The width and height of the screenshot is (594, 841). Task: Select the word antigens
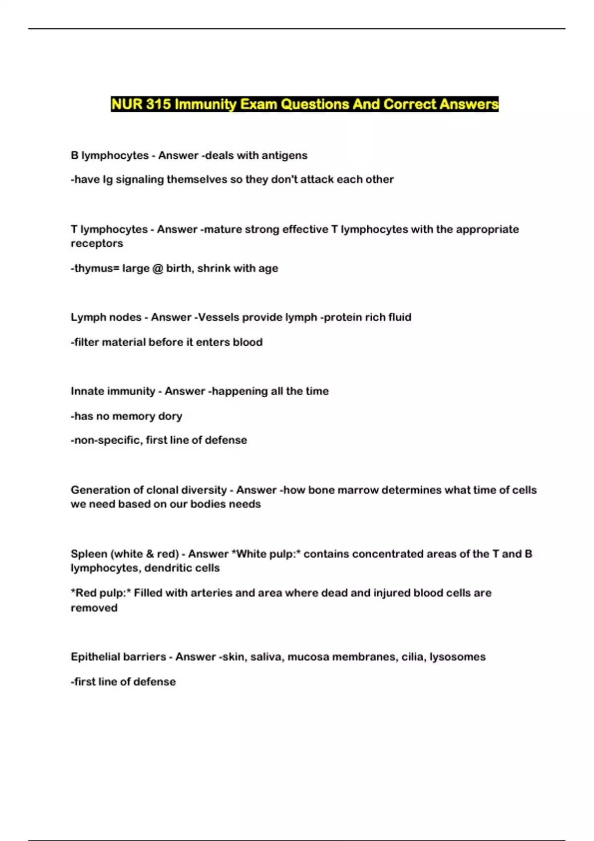(x=284, y=155)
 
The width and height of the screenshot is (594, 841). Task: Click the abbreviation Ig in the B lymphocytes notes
(x=107, y=180)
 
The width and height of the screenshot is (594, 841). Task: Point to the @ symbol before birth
(x=157, y=268)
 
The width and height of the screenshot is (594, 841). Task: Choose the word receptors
(x=97, y=243)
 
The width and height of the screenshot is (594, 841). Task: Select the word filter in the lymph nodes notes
(x=87, y=342)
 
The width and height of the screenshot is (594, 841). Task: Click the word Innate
(x=87, y=391)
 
